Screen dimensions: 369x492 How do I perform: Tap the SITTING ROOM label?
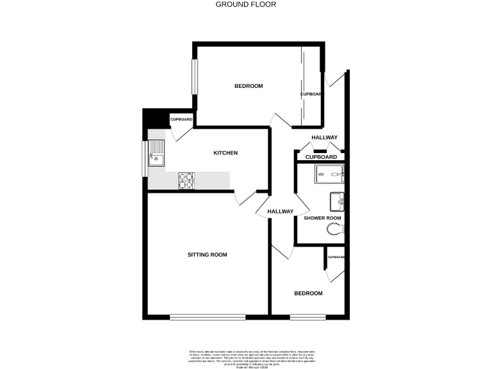(x=207, y=255)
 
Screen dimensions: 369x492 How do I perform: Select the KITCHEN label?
(x=225, y=153)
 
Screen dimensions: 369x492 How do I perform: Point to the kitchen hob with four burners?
(x=186, y=181)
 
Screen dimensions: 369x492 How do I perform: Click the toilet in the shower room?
(x=334, y=229)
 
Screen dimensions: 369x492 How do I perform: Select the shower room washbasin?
(x=337, y=202)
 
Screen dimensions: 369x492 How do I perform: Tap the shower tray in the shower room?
(x=329, y=173)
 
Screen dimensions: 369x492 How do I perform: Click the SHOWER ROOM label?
(x=322, y=218)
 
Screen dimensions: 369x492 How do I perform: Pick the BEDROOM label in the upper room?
(x=248, y=86)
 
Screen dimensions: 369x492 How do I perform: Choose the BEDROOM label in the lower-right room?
(x=308, y=293)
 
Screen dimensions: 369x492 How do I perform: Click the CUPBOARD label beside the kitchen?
(x=181, y=120)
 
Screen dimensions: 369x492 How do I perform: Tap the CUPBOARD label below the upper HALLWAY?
(x=321, y=157)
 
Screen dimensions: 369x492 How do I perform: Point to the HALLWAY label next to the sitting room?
(x=280, y=211)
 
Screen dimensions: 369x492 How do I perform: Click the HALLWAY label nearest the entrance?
(x=324, y=138)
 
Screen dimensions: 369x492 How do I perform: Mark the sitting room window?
(x=207, y=316)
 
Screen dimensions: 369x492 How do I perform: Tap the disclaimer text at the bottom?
(x=245, y=356)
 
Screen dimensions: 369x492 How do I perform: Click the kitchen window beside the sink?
(x=145, y=157)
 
